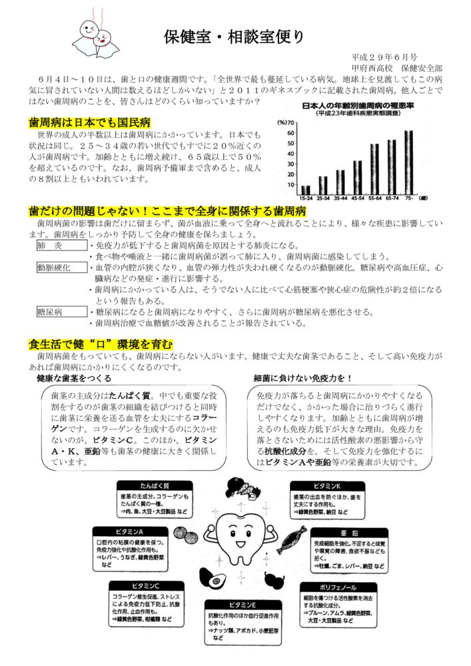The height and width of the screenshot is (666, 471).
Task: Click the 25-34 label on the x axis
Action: coord(322,197)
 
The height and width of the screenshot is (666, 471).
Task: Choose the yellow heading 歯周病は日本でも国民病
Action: coord(89,123)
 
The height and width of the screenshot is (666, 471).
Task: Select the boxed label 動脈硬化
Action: coord(56,268)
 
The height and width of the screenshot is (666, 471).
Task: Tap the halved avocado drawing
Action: coord(215,580)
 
